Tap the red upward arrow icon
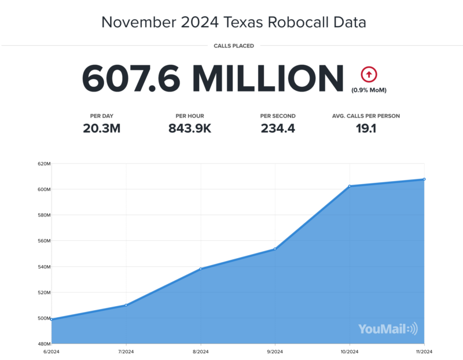(369, 75)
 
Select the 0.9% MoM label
(369, 90)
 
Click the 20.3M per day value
(102, 128)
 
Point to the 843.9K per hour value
(190, 128)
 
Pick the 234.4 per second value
(278, 128)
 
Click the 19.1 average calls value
(366, 128)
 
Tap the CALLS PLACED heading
(234, 46)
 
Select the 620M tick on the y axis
(44, 164)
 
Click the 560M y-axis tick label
(44, 241)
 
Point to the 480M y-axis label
(44, 344)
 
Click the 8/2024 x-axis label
(200, 352)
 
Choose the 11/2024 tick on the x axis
(424, 352)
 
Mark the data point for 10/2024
(350, 186)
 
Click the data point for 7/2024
(126, 305)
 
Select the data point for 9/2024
(275, 249)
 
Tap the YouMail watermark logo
(388, 329)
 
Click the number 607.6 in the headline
(131, 78)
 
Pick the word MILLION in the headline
(268, 78)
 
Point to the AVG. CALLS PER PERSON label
(366, 116)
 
